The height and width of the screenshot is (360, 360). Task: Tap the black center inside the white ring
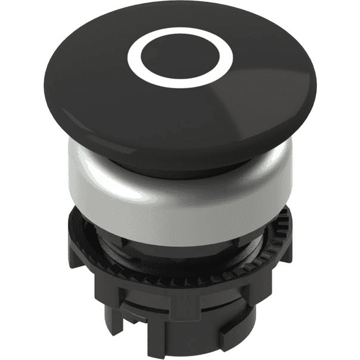[179, 58]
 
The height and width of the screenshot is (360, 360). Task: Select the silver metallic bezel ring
[180, 207]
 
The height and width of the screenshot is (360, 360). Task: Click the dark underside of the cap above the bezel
[180, 165]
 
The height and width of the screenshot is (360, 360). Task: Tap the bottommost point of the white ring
[179, 82]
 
